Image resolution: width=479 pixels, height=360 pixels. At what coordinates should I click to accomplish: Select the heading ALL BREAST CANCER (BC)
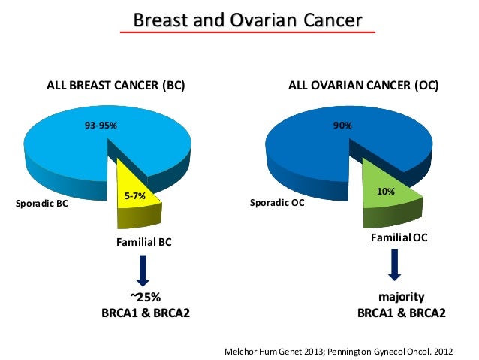click(x=116, y=86)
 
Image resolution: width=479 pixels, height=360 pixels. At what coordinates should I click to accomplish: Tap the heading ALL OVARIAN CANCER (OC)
click(x=363, y=86)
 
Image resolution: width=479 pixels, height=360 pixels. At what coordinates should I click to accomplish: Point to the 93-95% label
click(x=101, y=126)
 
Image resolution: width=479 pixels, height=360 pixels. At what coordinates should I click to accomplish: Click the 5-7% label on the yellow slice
click(x=134, y=197)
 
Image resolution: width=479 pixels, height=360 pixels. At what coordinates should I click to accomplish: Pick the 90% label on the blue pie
click(x=343, y=126)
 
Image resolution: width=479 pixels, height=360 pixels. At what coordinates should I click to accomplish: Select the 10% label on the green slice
click(x=386, y=192)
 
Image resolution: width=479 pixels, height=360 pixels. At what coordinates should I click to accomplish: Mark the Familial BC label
click(x=143, y=242)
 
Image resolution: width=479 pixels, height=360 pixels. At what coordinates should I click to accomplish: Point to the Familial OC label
click(x=399, y=237)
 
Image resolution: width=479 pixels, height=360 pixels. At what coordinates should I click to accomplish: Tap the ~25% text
click(x=146, y=297)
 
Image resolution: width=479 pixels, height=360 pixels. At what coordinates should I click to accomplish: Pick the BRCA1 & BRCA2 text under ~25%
click(x=146, y=313)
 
